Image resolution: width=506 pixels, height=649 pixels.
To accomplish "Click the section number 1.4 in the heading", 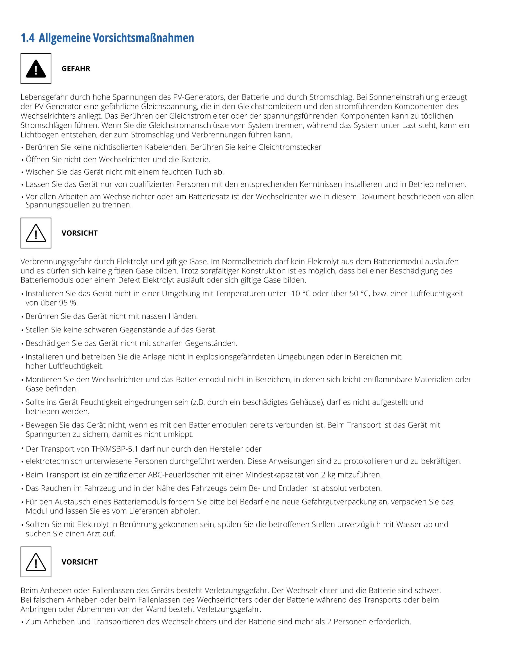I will [x=27, y=38].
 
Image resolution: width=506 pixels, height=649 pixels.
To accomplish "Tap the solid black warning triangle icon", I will [x=36, y=69].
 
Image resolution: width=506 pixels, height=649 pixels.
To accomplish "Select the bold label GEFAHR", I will [x=76, y=69].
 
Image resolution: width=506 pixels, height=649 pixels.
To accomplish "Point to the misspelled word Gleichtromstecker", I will [x=290, y=147].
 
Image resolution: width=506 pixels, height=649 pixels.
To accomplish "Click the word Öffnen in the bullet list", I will [x=37, y=160].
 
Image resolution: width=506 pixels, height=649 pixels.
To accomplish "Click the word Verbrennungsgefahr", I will [x=56, y=261].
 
